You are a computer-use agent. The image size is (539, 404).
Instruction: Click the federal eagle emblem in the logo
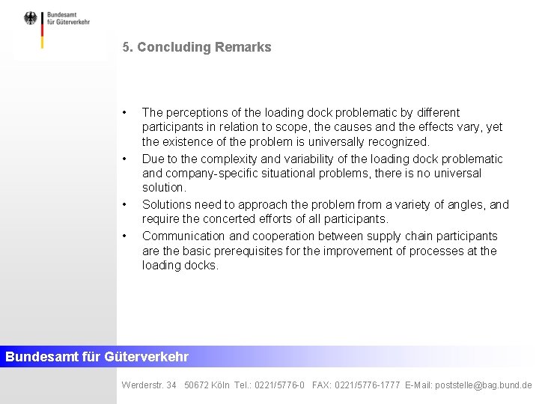coord(30,19)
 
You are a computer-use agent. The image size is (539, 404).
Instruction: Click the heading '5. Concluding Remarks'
coord(197,47)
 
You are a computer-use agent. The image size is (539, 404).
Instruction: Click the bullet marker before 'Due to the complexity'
coord(125,159)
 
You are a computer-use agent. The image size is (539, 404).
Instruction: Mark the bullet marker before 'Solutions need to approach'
coord(125,204)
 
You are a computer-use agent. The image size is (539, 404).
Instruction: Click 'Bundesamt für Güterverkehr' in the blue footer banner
coord(97,357)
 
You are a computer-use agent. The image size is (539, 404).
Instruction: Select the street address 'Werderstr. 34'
coord(149,385)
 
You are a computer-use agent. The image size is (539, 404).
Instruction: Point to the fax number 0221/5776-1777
coord(368,385)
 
